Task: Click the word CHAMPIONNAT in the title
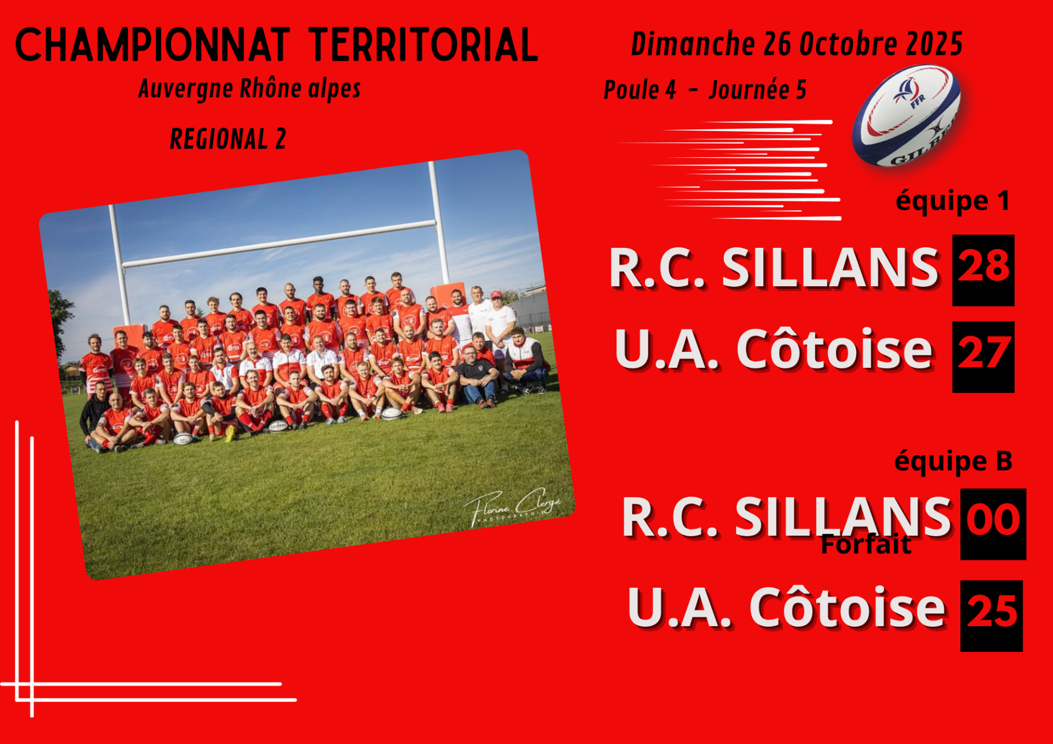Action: pos(152,45)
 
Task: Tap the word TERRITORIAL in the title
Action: pos(423,45)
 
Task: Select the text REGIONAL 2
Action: pos(228,139)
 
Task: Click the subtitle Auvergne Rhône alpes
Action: pos(250,89)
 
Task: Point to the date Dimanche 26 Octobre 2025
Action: pos(797,44)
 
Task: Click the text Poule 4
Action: pos(640,90)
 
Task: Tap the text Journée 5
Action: pos(757,90)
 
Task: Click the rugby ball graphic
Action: pos(906,116)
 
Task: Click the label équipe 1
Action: pos(953,201)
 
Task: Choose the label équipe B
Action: pos(953,462)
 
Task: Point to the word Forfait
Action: pos(866,544)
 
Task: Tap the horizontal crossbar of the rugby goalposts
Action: pos(280,244)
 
